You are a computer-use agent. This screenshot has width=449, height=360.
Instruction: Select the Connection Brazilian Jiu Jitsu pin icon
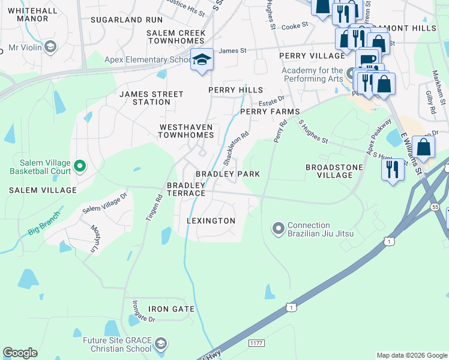click(x=279, y=229)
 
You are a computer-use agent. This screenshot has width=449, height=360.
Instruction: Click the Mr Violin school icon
click(x=50, y=47)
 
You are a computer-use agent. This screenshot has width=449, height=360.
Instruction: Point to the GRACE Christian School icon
click(x=160, y=344)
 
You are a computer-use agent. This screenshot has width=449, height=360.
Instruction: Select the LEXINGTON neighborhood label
click(x=211, y=221)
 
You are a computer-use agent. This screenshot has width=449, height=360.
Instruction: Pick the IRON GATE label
click(x=172, y=309)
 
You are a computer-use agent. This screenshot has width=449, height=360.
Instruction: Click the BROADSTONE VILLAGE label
click(x=329, y=171)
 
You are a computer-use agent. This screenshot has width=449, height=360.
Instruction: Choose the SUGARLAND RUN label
click(x=127, y=20)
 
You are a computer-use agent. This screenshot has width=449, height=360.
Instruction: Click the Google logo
click(x=20, y=353)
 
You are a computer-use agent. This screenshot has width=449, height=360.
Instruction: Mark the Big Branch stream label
click(x=44, y=223)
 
